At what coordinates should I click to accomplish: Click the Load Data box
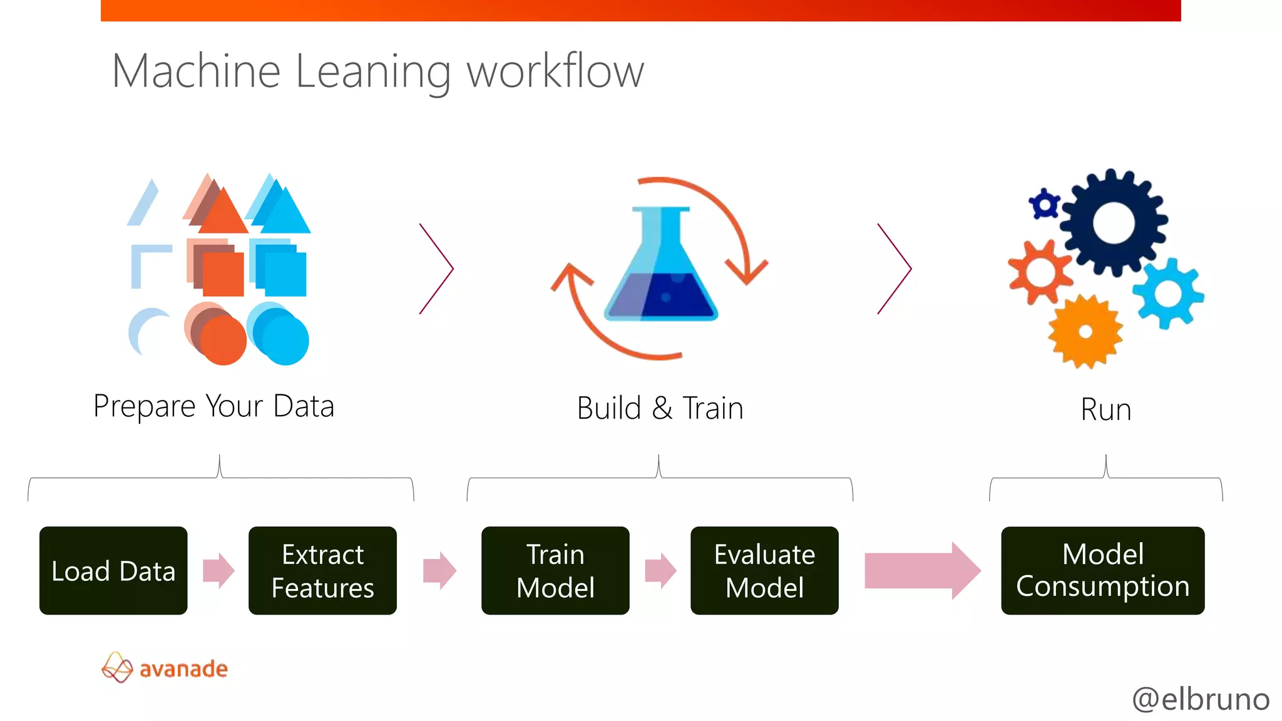click(x=113, y=570)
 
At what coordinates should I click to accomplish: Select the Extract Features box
click(x=322, y=570)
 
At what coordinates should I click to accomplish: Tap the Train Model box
click(x=555, y=570)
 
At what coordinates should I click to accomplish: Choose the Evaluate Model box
click(x=764, y=570)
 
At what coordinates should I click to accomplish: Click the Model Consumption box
click(x=1102, y=570)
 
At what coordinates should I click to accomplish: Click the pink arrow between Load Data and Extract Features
click(x=218, y=570)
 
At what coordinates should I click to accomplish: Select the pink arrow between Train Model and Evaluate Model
click(x=660, y=570)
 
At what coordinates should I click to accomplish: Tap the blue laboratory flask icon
click(x=661, y=269)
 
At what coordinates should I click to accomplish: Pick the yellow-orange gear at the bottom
click(x=1085, y=332)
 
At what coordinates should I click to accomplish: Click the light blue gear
click(x=1167, y=293)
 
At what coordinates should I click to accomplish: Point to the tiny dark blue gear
click(x=1044, y=204)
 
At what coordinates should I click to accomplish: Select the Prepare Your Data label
click(x=213, y=406)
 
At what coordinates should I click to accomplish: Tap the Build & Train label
click(x=660, y=409)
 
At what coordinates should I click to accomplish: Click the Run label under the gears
click(x=1105, y=410)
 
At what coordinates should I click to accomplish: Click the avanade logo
click(x=165, y=668)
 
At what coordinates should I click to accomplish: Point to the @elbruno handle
click(x=1200, y=698)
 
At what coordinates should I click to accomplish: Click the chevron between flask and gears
click(x=895, y=268)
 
